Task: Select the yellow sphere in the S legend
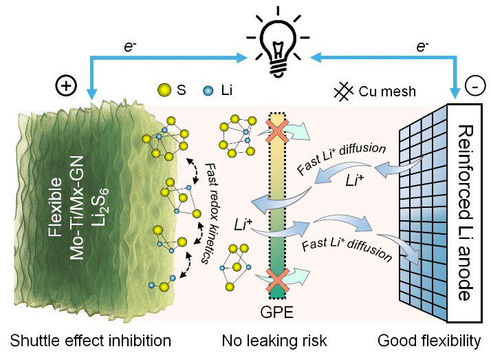tap(164, 91)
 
